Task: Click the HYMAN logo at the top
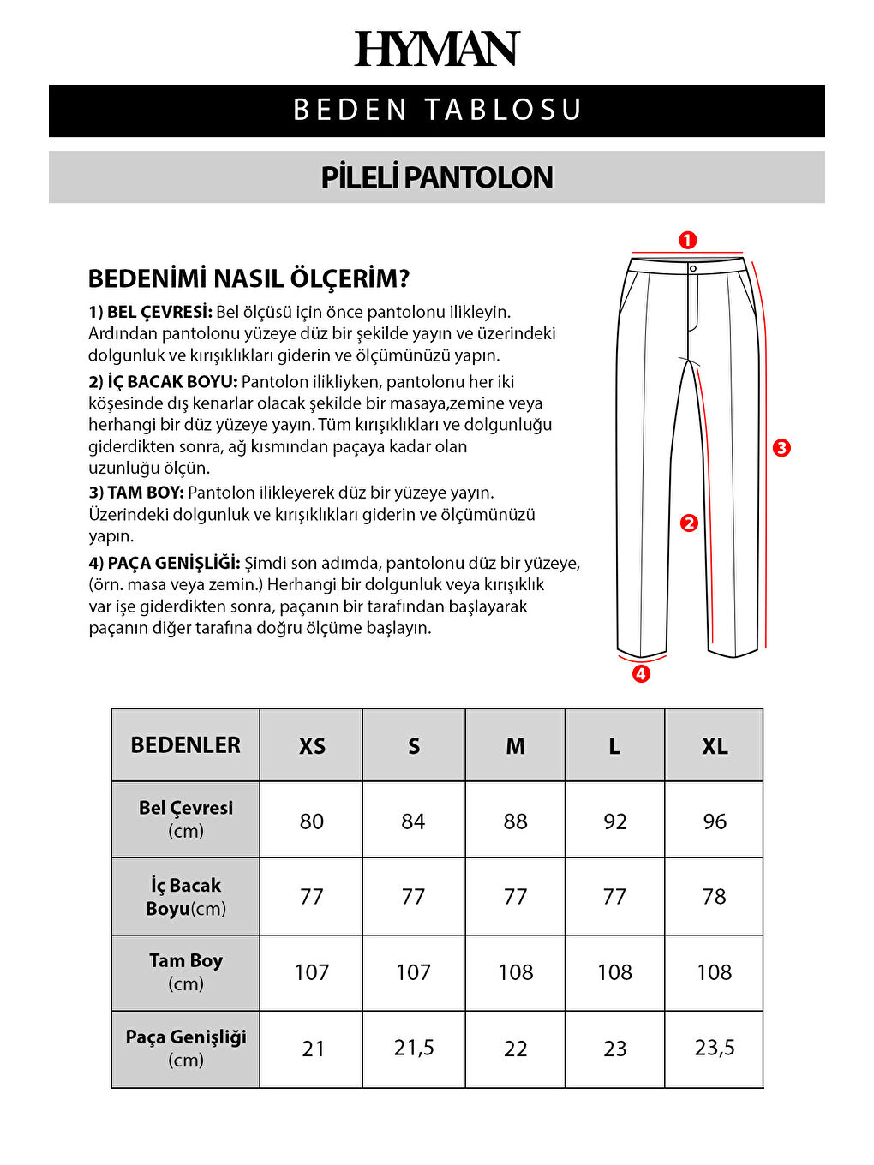coord(437,49)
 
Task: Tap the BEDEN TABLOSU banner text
coord(437,111)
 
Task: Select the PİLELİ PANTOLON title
coord(437,177)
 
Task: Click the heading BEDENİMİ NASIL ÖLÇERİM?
coord(248,278)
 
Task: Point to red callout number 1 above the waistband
coord(687,241)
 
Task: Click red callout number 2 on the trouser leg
coord(689,523)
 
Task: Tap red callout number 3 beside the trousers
coord(781,447)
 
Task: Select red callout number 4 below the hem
coord(641,673)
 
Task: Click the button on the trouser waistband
coord(693,269)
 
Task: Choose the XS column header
coord(312,746)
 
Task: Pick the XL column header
coord(715,746)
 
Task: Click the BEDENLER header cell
coord(186,745)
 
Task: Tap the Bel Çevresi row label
coord(186,819)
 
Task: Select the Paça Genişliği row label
coord(186,1048)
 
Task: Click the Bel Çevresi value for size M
coord(515,821)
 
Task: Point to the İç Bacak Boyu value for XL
coord(714,897)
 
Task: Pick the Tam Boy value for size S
coord(413,972)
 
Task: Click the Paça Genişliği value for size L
coord(614,1048)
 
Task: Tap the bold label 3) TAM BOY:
coord(136,493)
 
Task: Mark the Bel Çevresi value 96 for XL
coord(715,821)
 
